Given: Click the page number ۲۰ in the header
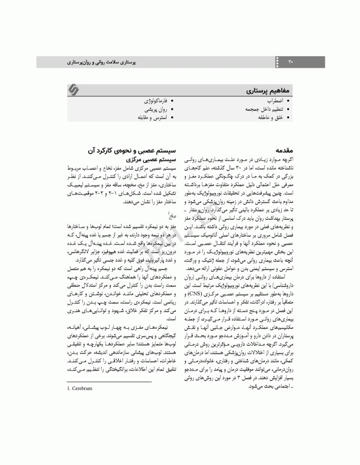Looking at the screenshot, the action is (290, 62).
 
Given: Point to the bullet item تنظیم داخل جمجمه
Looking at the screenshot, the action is (264, 108).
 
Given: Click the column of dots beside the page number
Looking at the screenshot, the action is (279, 62).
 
